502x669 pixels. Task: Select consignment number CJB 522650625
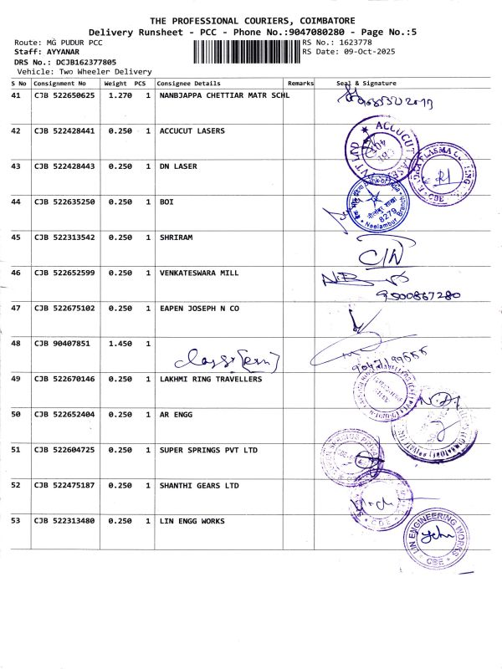pos(64,95)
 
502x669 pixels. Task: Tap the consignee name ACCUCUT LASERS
pos(192,131)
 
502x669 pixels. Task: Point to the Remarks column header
pos(300,84)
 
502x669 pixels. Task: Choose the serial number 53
pos(16,521)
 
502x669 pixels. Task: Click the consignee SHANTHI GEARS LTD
pos(199,485)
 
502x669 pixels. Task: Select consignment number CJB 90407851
pos(60,344)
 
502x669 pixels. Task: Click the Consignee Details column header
pos(189,84)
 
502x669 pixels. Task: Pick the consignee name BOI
pos(166,202)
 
